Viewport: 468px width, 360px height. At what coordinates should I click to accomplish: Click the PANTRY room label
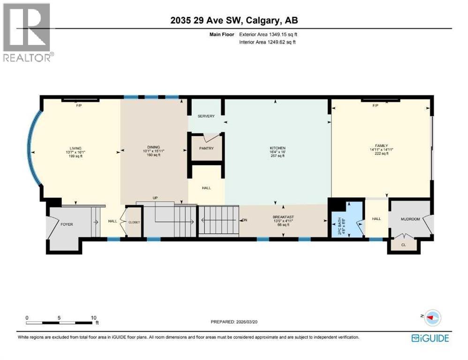point(206,149)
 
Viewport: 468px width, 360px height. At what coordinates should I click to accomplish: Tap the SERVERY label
point(206,116)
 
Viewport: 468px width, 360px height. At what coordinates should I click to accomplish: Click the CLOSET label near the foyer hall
point(134,222)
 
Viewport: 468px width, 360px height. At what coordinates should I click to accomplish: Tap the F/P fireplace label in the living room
point(79,105)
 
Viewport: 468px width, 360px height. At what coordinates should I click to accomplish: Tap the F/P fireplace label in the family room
point(375,105)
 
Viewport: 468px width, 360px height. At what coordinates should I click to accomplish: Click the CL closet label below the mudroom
point(404,245)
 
